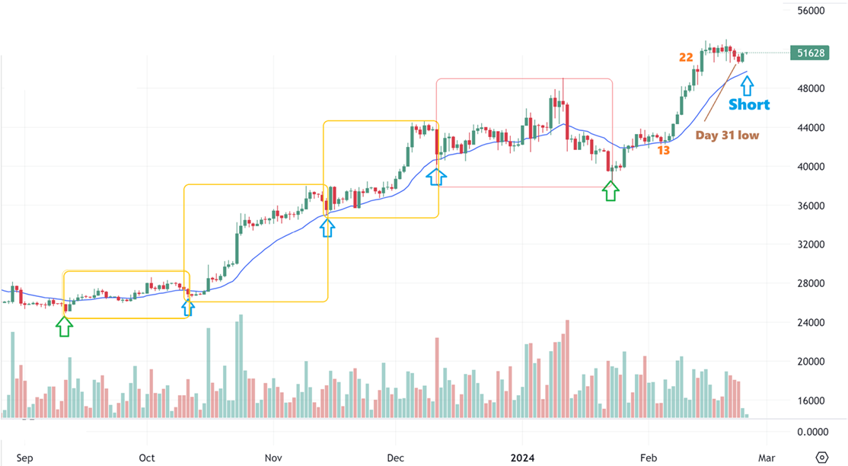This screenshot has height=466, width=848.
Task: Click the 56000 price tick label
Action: [811, 11]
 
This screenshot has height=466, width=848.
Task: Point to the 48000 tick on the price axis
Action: [811, 88]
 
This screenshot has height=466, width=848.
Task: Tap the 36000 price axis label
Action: [811, 206]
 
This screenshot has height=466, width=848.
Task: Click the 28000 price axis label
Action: [811, 283]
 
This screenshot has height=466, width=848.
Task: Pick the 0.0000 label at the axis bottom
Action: [811, 432]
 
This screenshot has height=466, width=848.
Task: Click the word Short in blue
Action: [749, 104]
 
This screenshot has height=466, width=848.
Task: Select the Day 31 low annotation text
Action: [727, 136]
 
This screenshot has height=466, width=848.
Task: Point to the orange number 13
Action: [664, 151]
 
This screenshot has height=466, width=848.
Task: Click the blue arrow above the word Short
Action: [748, 85]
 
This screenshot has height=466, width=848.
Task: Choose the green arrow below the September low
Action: [65, 326]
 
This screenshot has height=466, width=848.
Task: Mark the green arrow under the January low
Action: [610, 190]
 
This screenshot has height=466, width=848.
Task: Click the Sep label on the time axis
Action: [24, 458]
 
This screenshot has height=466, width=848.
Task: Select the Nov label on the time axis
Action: [273, 458]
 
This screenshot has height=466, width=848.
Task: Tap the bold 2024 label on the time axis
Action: [523, 458]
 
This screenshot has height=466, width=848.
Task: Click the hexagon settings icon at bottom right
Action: [822, 457]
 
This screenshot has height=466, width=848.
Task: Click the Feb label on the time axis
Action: [648, 458]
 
